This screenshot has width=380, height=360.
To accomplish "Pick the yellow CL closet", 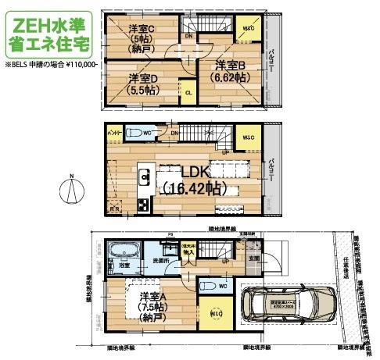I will (189, 92).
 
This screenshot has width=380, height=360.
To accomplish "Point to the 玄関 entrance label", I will (253, 257).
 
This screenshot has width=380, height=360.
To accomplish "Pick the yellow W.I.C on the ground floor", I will (214, 314).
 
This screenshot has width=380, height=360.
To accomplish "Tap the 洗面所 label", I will (160, 259).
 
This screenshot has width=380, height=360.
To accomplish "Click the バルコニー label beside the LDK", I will (270, 171).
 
